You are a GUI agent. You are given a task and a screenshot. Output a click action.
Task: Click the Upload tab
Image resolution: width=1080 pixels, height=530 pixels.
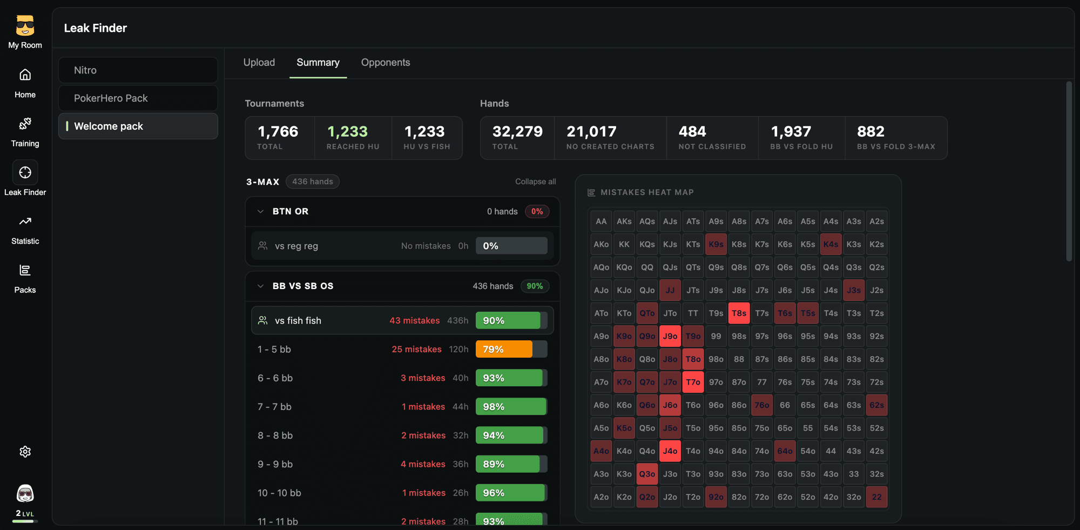259,62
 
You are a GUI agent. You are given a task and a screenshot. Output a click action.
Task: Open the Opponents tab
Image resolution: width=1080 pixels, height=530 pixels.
386,62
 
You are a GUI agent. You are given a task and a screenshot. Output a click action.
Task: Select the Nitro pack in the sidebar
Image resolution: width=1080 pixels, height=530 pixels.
138,70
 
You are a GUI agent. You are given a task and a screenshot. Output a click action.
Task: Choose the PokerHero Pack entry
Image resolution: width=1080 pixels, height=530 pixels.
138,98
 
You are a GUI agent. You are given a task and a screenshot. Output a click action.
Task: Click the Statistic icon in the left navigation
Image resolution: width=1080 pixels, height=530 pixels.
25,222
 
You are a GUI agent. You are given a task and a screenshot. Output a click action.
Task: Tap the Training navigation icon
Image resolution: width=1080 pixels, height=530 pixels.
25,124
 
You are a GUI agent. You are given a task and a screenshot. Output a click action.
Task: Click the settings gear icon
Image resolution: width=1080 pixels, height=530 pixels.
25,452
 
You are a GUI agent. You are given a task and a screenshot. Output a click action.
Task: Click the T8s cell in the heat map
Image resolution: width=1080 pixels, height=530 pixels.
739,313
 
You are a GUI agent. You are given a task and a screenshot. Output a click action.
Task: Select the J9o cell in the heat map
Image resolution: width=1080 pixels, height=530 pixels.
670,336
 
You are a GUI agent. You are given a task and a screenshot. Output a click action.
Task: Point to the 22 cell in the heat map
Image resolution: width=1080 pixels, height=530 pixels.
876,497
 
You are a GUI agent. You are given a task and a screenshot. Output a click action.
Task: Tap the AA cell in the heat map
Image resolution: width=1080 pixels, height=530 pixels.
601,222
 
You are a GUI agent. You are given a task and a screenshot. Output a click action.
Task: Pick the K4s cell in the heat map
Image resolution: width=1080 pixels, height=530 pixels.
831,244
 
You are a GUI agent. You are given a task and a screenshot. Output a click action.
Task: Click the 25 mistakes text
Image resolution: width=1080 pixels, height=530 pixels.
416,350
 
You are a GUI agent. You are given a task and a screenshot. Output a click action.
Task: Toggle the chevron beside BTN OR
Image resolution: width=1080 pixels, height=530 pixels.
260,211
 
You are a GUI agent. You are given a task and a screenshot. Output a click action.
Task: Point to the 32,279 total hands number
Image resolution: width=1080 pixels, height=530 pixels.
517,131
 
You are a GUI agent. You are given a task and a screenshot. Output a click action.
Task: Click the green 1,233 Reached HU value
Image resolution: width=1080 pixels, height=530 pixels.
347,131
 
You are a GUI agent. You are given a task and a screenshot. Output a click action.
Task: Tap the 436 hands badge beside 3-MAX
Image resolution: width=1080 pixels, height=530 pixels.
313,182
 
